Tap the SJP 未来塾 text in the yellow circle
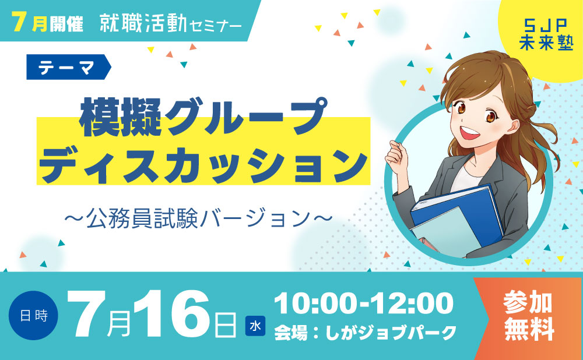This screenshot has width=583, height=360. pos(546,34)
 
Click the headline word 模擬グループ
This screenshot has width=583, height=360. pos(203,117)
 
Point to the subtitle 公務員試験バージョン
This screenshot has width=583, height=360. pos(198,218)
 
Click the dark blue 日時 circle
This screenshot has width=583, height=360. pos(33,315)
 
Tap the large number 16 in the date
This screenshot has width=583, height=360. pos(172,315)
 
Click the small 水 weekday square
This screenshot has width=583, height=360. pos(255,326)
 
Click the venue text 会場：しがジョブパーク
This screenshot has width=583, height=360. pos(365,333)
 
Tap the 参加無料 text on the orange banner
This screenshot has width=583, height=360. pos(528,316)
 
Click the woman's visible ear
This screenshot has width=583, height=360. pos(513,126)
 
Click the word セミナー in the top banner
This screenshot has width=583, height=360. pos(216,25)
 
